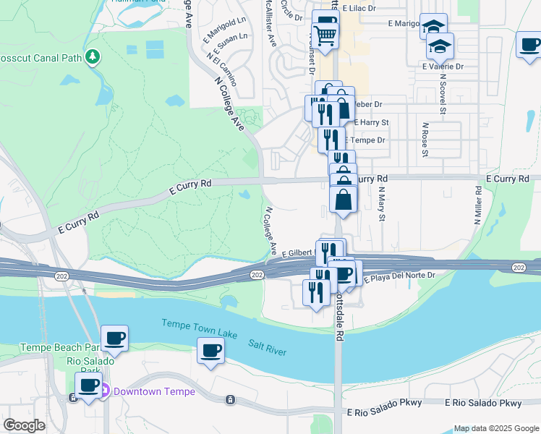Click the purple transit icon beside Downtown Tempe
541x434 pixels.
(x=103, y=391)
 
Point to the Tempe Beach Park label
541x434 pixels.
(x=56, y=348)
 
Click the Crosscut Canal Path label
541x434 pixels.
(x=40, y=56)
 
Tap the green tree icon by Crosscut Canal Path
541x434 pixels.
(x=92, y=56)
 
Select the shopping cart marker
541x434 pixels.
(x=325, y=33)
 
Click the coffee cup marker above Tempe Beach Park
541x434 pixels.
(x=114, y=337)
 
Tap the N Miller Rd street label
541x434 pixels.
(x=478, y=206)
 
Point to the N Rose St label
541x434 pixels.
(x=425, y=140)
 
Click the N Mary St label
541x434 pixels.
(x=382, y=204)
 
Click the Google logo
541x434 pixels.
(x=24, y=425)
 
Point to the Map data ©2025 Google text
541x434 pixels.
(x=495, y=428)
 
